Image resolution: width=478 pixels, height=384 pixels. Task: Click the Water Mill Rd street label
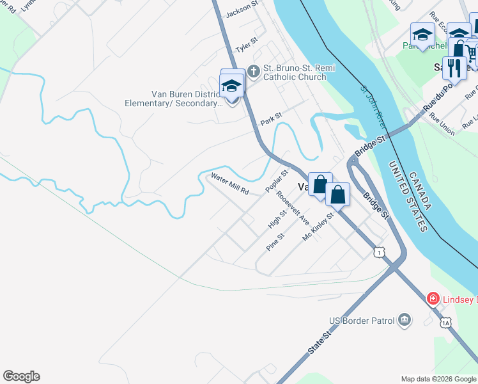[x=229, y=184]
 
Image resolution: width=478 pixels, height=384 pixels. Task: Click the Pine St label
[x=275, y=243]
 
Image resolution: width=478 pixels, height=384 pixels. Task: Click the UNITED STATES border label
[x=407, y=196]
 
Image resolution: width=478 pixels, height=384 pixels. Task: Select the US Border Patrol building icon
[x=404, y=319]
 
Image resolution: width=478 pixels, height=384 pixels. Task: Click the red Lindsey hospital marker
[x=433, y=298]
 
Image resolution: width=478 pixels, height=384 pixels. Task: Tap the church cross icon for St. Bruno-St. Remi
[x=253, y=71]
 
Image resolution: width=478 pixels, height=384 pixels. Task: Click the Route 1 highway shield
[x=380, y=253]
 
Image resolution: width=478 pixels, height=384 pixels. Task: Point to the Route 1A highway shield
[x=445, y=323]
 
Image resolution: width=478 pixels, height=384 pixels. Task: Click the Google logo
[x=21, y=376]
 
